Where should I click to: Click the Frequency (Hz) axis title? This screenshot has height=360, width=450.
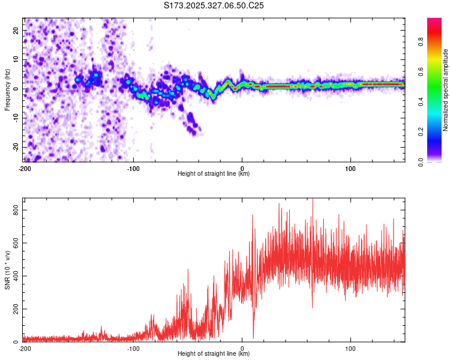click(x=7, y=89)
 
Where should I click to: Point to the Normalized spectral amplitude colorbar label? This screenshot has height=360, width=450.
click(x=446, y=91)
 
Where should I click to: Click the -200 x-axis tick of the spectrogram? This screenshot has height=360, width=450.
click(x=25, y=168)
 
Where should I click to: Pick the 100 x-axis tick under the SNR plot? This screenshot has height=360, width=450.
click(x=350, y=348)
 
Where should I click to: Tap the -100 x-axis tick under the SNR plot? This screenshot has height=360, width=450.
click(x=133, y=348)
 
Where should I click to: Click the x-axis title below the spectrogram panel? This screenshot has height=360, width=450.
click(x=214, y=174)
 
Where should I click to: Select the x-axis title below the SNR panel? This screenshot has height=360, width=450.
click(x=214, y=354)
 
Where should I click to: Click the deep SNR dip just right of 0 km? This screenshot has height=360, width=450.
click(x=253, y=337)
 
